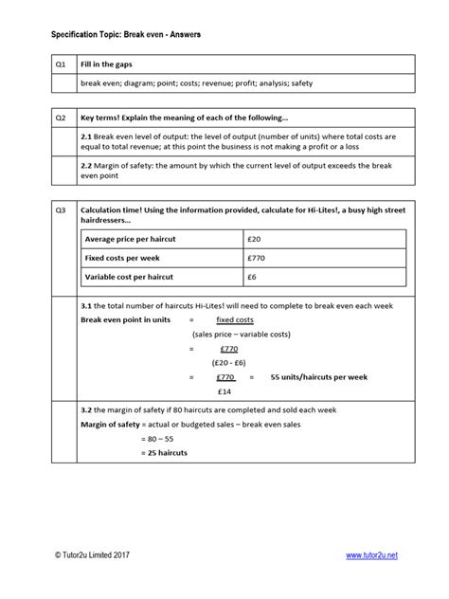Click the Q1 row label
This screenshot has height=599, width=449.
[x=61, y=64]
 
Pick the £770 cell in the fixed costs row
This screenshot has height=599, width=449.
[x=258, y=257]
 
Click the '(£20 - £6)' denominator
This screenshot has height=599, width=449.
[x=230, y=362]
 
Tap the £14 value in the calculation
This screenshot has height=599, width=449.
[x=224, y=390]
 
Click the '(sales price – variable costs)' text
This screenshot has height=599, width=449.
[x=242, y=335]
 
